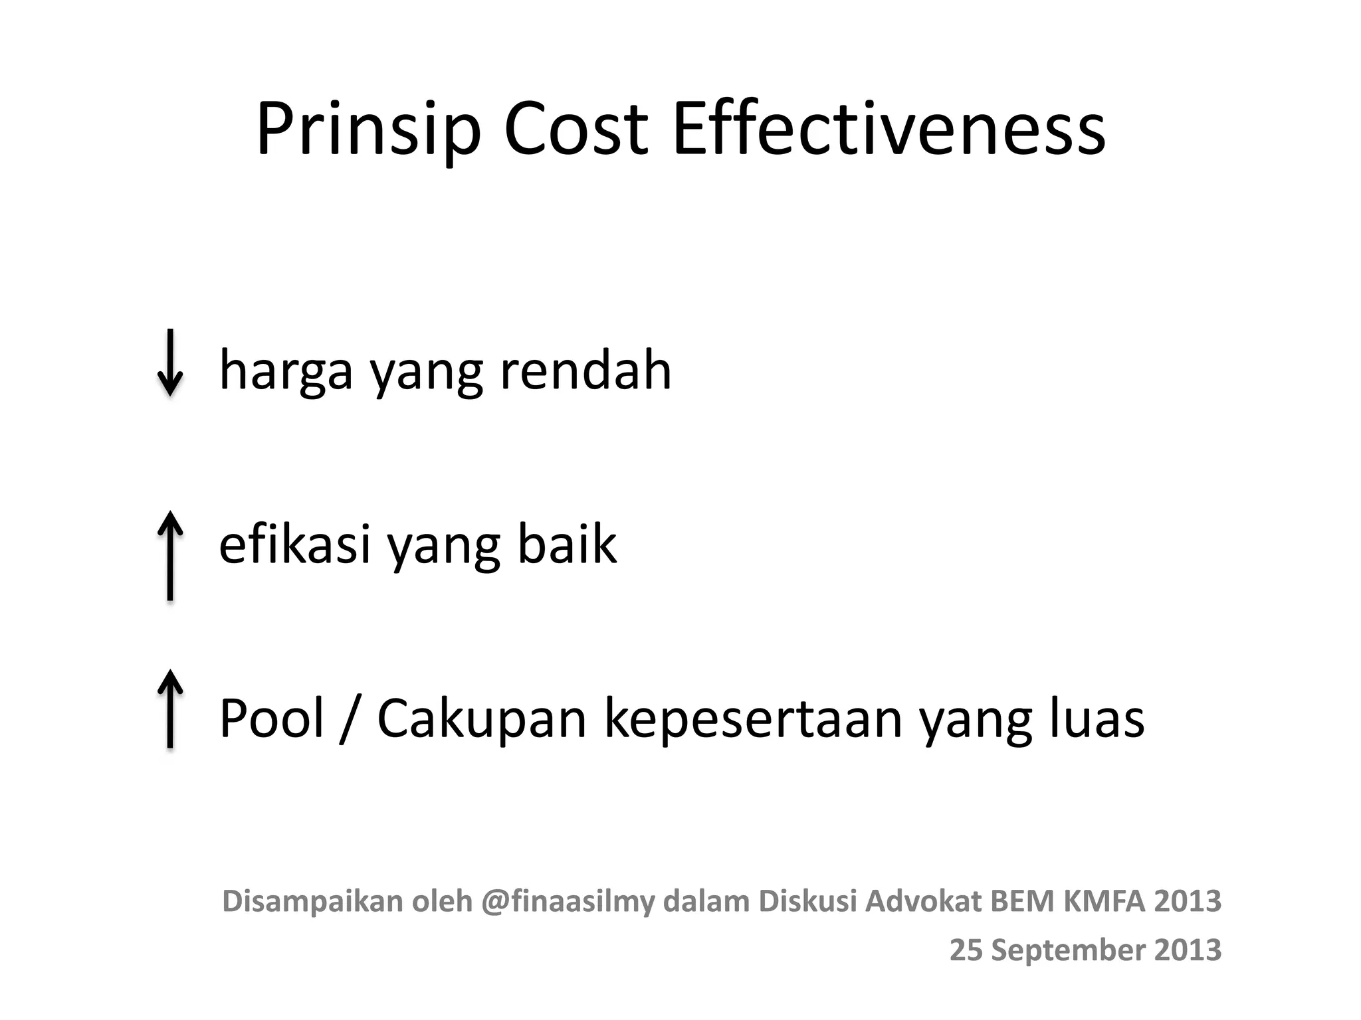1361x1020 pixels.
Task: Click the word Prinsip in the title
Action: tap(368, 129)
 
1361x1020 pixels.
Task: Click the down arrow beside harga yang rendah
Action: tap(170, 363)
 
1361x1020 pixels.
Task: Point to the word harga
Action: tap(286, 371)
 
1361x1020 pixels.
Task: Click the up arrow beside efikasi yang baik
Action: tap(170, 555)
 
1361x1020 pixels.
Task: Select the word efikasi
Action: tap(294, 543)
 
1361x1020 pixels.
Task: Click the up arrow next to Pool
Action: tap(170, 709)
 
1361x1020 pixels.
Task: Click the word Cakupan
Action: tap(482, 719)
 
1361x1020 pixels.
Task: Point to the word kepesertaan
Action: tap(753, 719)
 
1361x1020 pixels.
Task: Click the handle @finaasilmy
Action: tap(568, 902)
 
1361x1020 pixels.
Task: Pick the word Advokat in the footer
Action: tap(923, 901)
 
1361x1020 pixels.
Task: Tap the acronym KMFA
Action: tap(1104, 901)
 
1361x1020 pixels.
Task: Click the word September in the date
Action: tap(1068, 950)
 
